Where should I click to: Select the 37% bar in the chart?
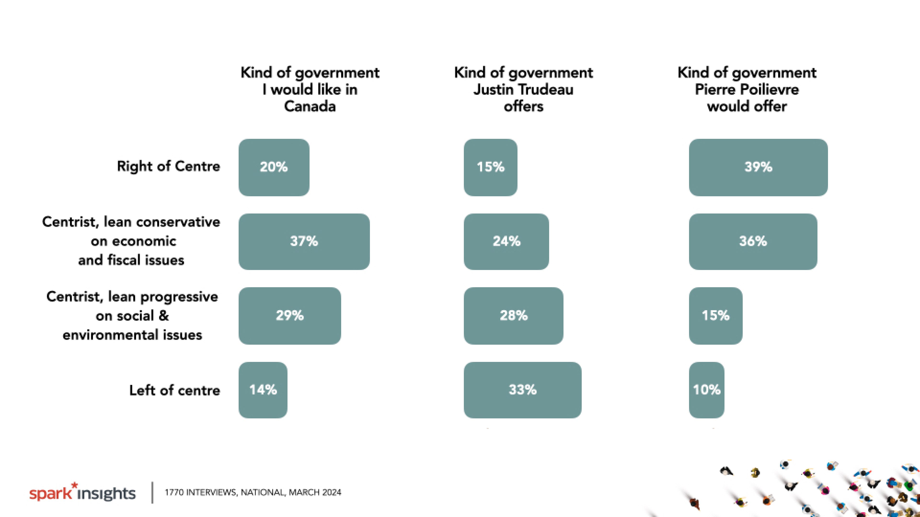click(304, 242)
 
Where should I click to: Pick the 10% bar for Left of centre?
click(707, 390)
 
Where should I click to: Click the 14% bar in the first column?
click(263, 390)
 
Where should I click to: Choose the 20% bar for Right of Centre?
click(274, 167)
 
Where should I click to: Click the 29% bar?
click(290, 315)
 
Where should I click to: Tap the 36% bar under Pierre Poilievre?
click(753, 242)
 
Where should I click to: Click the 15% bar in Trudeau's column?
click(490, 167)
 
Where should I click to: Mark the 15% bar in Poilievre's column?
click(715, 315)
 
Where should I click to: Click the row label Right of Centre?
click(169, 166)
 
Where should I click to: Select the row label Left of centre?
click(175, 390)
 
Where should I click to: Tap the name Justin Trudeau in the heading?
click(523, 89)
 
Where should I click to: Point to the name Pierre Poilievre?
click(747, 89)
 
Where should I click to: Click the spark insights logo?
click(82, 493)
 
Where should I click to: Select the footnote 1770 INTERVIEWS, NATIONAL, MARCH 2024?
click(253, 492)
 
